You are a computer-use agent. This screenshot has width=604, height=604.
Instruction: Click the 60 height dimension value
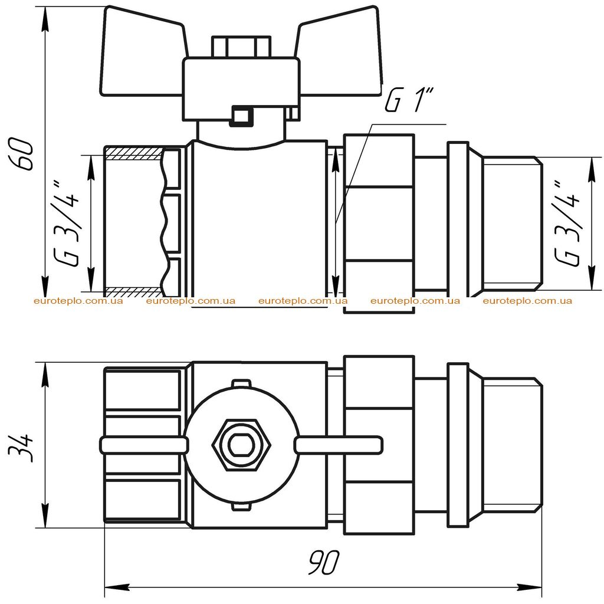tap(23, 154)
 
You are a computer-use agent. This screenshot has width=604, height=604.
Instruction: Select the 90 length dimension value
tap(324, 562)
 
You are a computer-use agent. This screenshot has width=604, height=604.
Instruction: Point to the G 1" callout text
tap(409, 99)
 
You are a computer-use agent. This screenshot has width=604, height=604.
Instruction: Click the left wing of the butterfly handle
tap(143, 52)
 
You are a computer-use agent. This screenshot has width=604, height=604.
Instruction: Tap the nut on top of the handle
tap(241, 47)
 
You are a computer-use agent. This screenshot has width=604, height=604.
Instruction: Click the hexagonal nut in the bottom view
tap(241, 445)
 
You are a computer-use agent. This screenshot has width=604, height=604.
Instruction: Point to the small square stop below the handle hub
tap(241, 116)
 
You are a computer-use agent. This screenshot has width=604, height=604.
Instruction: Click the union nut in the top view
tap(379, 224)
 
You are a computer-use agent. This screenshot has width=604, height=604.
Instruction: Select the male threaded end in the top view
tap(513, 224)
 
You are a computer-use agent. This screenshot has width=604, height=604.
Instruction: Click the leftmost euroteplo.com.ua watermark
tap(78, 301)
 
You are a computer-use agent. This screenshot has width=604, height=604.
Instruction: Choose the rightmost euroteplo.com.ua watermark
tap(527, 301)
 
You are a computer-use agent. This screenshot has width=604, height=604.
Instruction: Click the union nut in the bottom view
tap(379, 445)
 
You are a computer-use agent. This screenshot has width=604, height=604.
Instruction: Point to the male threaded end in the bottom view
tap(513, 445)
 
